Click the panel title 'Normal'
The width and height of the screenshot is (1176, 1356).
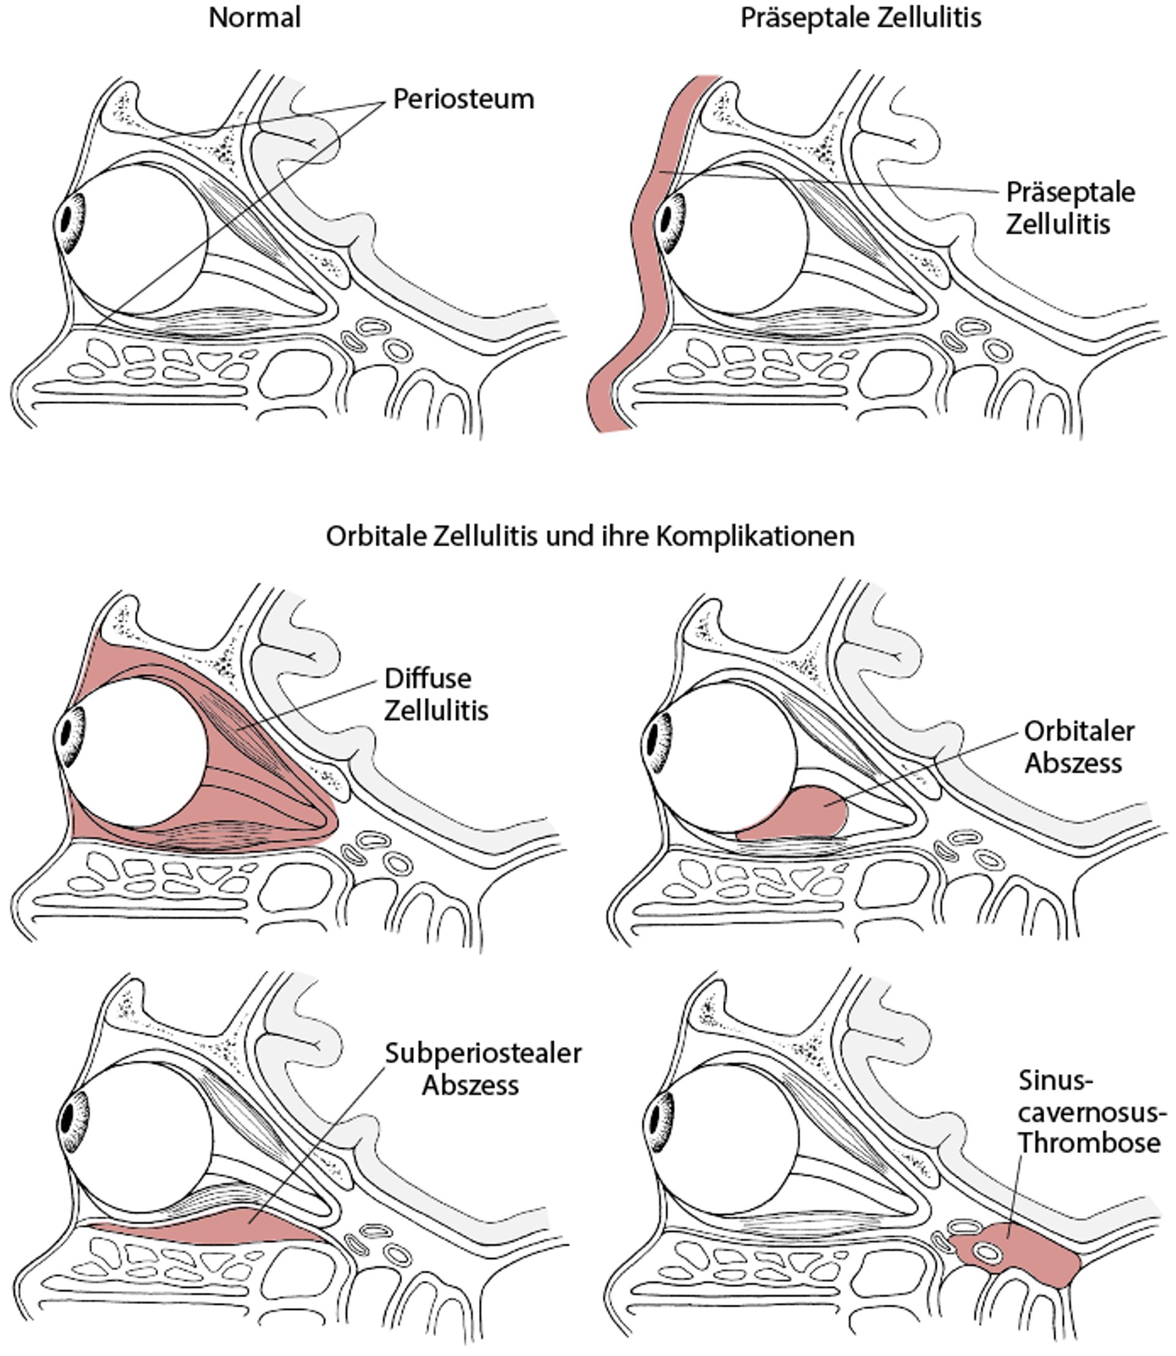255,18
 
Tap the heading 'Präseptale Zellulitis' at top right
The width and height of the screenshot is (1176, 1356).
861,18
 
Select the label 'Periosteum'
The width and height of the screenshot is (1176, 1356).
463,99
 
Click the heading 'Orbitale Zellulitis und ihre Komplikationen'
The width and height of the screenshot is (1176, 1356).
590,536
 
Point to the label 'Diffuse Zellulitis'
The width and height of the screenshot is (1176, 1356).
436,694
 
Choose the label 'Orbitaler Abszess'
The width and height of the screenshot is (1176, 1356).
1079,747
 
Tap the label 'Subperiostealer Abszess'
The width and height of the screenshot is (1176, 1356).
483,1069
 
